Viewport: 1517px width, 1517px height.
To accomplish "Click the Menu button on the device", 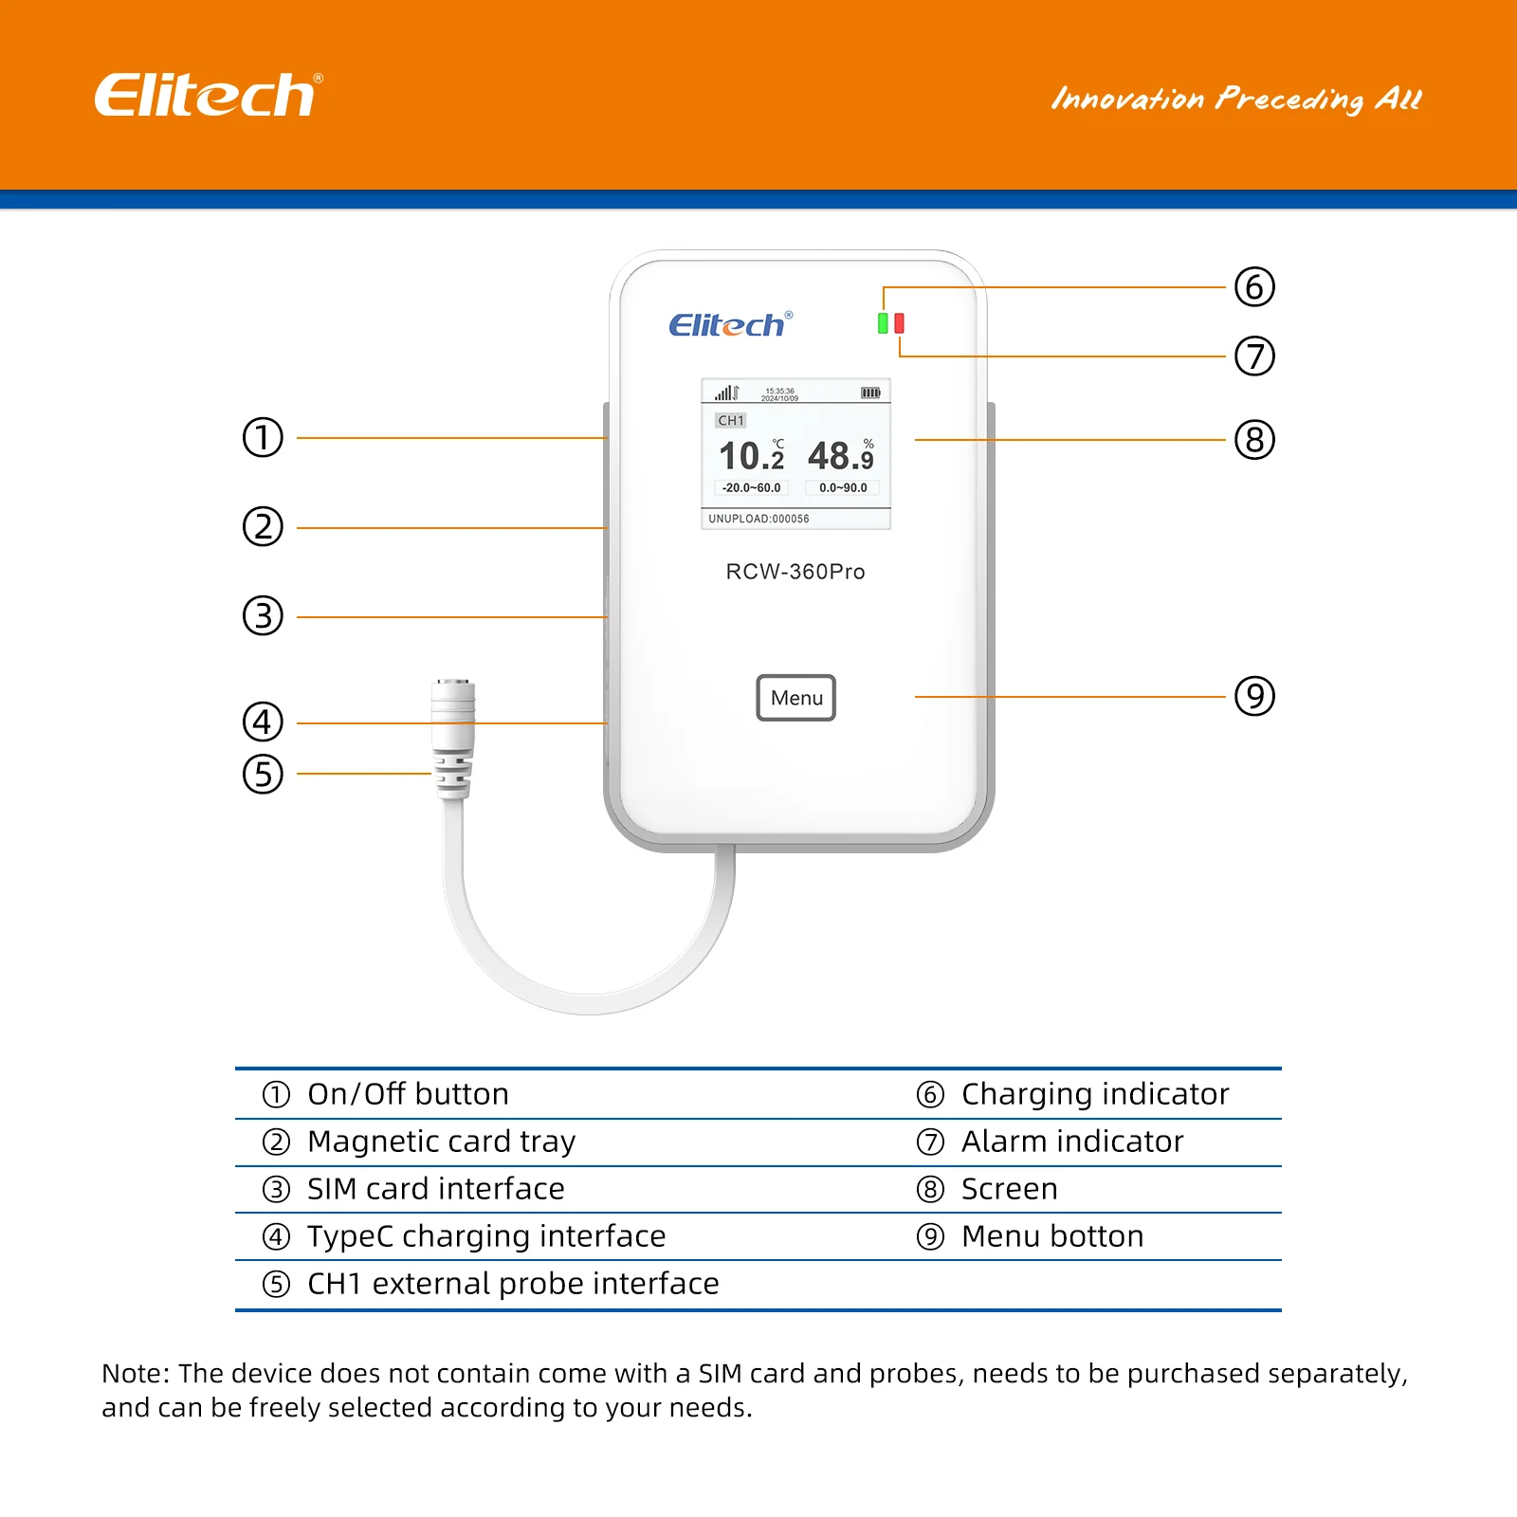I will coord(795,698).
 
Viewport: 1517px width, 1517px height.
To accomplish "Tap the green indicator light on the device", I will coord(883,323).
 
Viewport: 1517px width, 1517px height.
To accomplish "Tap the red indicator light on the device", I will coord(899,323).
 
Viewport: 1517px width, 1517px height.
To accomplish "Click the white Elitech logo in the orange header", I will coord(208,95).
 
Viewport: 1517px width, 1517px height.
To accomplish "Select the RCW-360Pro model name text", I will coord(795,572).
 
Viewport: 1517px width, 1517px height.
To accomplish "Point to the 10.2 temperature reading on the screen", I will coord(751,456).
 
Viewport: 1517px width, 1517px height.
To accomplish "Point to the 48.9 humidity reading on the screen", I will coord(840,456).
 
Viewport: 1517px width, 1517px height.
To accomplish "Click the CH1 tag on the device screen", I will coord(730,420).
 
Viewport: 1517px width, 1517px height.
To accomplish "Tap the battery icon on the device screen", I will coord(869,393).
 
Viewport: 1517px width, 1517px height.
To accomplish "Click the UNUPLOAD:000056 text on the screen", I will coord(758,519).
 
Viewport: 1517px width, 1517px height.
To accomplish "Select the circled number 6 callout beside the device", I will coord(1253,287).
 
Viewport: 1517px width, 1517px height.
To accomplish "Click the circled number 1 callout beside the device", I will coord(263,438).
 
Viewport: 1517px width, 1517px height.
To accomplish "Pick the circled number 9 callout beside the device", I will coord(1253,696).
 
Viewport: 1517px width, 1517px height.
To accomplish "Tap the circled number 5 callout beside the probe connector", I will coord(263,774).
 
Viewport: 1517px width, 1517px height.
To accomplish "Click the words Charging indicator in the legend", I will coord(1094,1094).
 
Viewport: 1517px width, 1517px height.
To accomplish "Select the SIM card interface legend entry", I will coord(435,1189).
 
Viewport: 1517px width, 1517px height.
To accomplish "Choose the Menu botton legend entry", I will coord(1051,1236).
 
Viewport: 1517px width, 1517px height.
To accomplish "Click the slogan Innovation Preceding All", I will coord(1235,99).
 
